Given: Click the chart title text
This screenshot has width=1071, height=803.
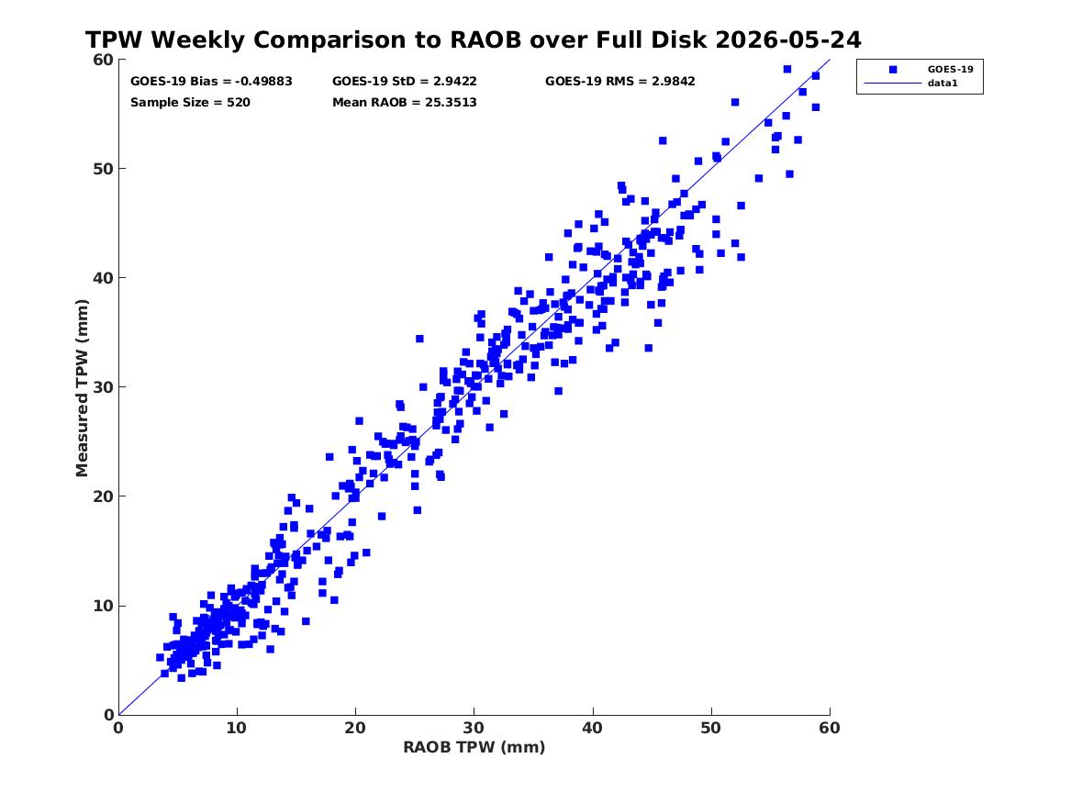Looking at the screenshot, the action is point(474,40).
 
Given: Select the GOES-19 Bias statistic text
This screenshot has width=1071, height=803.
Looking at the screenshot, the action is point(211,82).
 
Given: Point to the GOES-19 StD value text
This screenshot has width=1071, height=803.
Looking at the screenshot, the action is point(405,82).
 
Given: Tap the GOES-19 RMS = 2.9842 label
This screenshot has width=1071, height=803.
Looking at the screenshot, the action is point(620,82).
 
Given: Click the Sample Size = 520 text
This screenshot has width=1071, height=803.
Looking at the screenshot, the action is point(190,103).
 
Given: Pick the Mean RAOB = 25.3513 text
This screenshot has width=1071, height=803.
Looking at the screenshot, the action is point(405,103).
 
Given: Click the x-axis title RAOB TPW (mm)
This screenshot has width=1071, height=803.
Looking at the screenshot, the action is point(474,747).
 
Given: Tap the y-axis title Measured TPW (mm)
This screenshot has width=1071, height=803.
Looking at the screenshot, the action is point(82,388).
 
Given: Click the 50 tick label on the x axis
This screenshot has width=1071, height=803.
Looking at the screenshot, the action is point(710,728).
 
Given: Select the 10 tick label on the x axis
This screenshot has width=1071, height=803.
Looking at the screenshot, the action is point(237,728).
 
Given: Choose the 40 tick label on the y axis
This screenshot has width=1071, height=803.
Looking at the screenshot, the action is point(103,278).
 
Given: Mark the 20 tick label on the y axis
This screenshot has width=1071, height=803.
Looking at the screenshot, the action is point(103,496).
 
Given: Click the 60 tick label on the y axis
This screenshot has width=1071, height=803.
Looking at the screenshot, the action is point(103,60).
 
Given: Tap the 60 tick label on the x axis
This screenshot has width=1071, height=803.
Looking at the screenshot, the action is point(830,728).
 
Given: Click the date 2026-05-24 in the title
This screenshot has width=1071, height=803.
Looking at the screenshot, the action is point(788,40).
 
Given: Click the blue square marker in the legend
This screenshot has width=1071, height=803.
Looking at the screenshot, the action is point(893,69).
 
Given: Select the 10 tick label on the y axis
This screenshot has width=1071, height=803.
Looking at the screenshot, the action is point(103,606).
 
